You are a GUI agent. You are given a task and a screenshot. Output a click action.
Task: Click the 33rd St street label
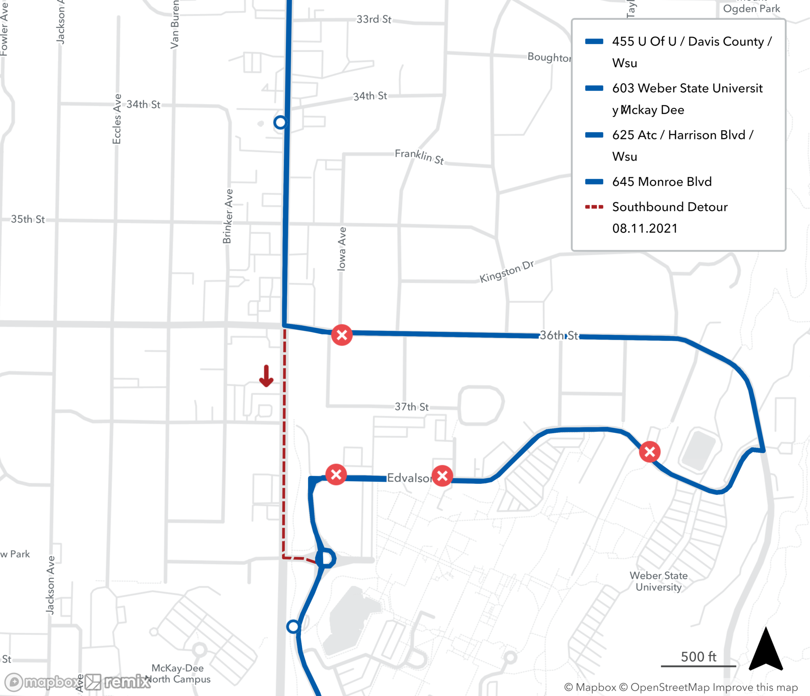[x=373, y=19]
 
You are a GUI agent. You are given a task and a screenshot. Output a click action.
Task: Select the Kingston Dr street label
[x=506, y=271]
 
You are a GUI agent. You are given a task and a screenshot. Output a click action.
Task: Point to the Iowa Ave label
[x=342, y=249]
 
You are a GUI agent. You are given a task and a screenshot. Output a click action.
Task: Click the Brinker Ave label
[x=228, y=216]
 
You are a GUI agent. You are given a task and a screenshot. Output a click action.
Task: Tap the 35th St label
[x=28, y=219]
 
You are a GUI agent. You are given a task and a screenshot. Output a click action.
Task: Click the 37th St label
[x=411, y=407]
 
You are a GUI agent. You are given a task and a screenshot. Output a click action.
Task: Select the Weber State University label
[x=659, y=581]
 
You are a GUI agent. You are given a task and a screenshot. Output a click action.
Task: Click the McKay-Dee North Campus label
[x=178, y=673]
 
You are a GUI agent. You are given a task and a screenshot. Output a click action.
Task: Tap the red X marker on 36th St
[x=342, y=335]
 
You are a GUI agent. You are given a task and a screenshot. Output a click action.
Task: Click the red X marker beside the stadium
[x=650, y=452]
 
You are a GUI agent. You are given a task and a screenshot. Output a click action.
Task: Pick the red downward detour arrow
[x=266, y=376]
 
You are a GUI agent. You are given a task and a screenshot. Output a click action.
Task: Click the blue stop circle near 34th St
[x=280, y=122]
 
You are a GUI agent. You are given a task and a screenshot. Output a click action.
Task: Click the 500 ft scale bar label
[x=698, y=657]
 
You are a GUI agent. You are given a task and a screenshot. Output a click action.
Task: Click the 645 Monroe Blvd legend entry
[x=662, y=181]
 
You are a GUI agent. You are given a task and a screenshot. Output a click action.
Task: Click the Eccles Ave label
[x=117, y=119]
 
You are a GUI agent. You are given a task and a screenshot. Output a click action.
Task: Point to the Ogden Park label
[x=751, y=9]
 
